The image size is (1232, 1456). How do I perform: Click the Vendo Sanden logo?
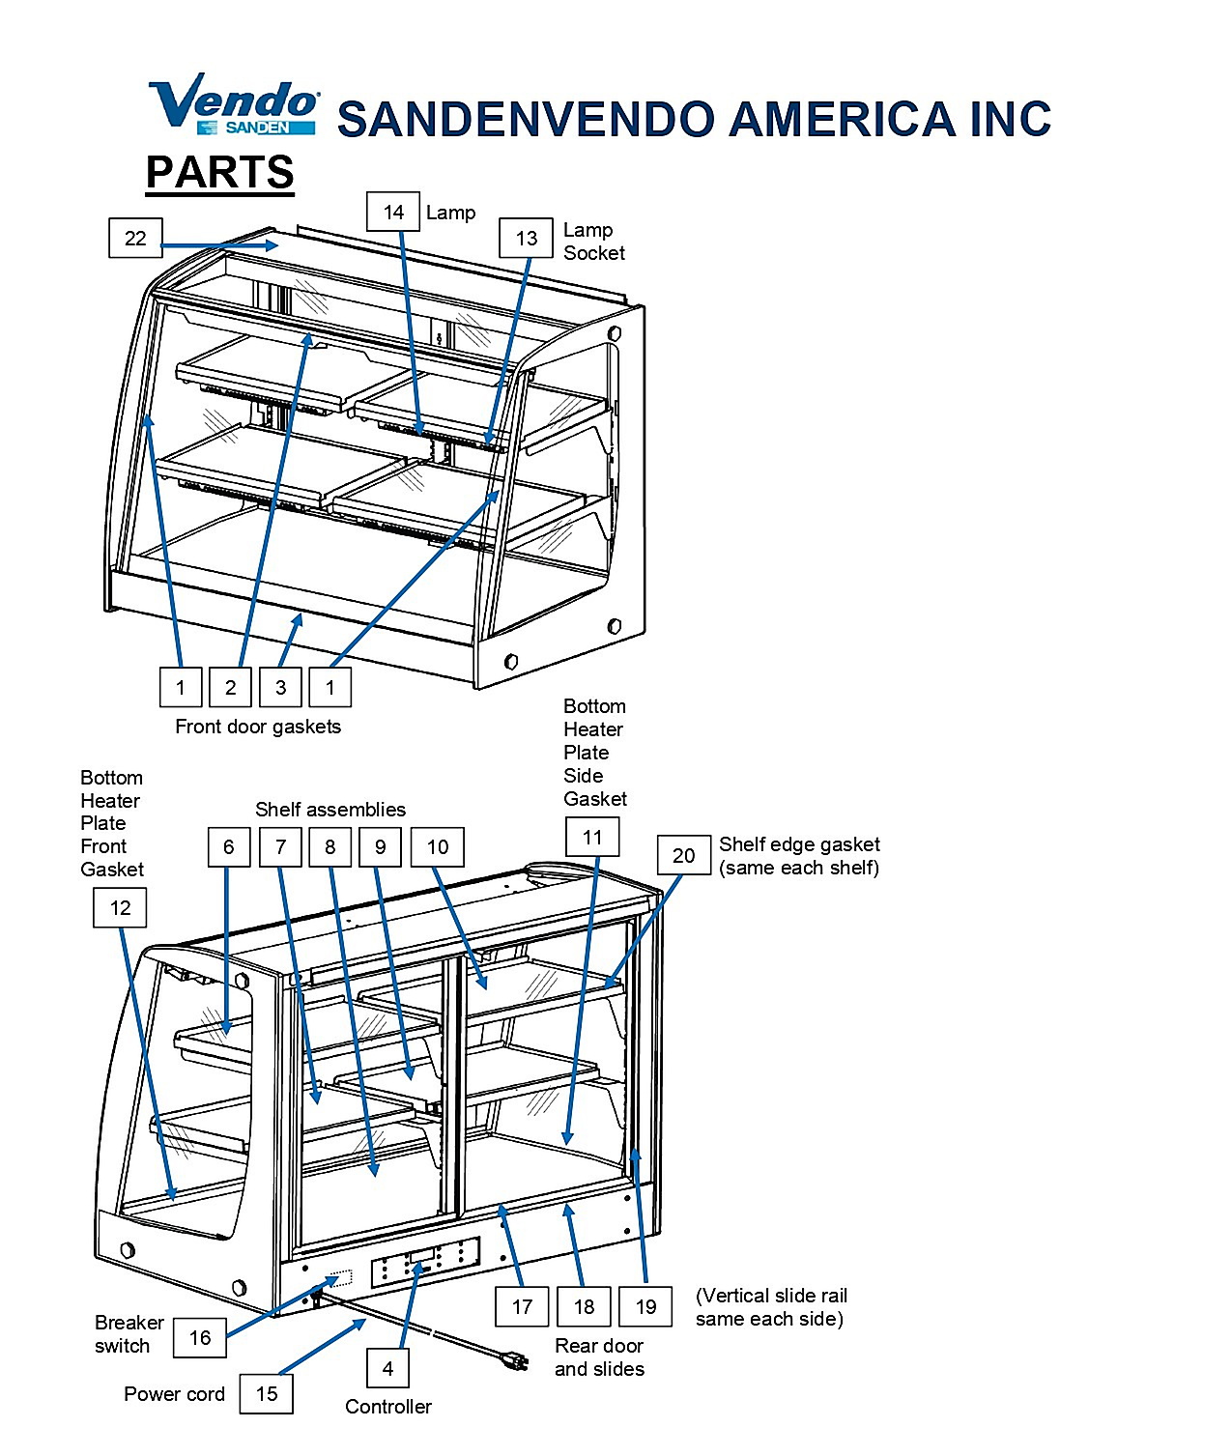click(x=234, y=103)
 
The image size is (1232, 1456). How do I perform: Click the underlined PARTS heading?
click(x=219, y=173)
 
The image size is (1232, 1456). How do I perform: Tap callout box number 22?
click(x=135, y=238)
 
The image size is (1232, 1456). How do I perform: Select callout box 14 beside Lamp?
click(x=393, y=212)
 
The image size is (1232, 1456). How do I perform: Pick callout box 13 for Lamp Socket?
click(x=526, y=238)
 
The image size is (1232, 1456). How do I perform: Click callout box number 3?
click(x=280, y=687)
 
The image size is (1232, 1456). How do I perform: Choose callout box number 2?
click(x=230, y=687)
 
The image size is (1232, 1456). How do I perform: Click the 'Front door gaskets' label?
click(x=258, y=727)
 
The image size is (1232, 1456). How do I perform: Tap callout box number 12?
click(x=120, y=907)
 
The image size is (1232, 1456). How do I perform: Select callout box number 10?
click(x=437, y=846)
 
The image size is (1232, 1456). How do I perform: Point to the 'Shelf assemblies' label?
click(x=330, y=810)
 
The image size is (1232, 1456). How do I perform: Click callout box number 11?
click(x=592, y=837)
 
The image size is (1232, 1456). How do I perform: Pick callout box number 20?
click(x=683, y=855)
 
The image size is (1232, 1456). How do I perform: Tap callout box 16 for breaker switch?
click(x=199, y=1338)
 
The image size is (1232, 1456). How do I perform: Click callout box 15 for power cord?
click(x=267, y=1393)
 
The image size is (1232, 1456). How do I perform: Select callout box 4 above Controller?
click(x=387, y=1369)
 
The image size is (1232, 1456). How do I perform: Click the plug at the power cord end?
click(x=515, y=1361)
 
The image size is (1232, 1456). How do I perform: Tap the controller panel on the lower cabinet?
click(x=425, y=1263)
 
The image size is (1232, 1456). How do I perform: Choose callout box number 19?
click(x=645, y=1306)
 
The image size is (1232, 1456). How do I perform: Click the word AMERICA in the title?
click(x=842, y=118)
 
